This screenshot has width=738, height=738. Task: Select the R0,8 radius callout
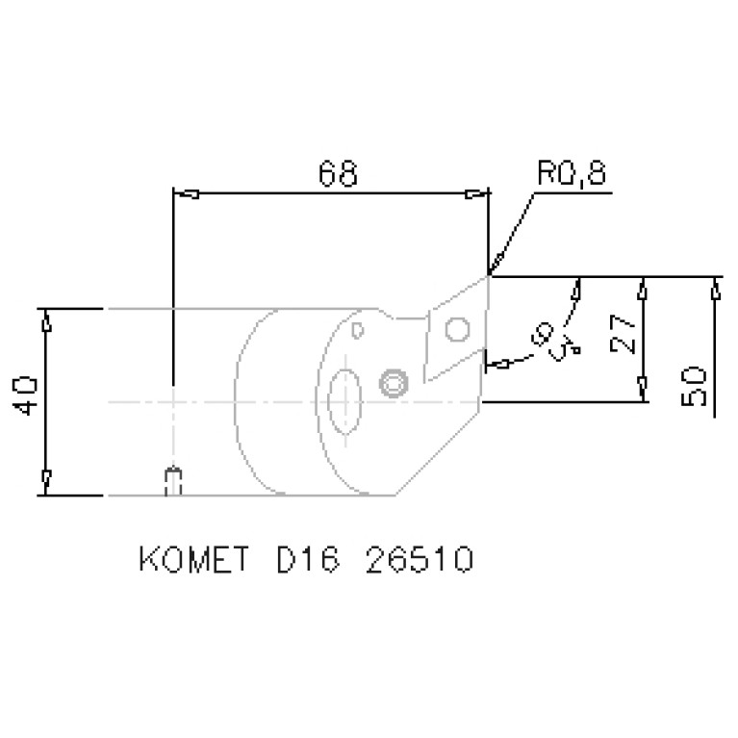click(572, 174)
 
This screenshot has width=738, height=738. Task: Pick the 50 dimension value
click(696, 385)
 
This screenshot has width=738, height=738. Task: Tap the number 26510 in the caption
click(420, 560)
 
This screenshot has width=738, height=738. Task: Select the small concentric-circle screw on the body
click(392, 384)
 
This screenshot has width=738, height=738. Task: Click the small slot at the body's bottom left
click(173, 481)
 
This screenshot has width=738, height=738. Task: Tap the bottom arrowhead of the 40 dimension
click(45, 478)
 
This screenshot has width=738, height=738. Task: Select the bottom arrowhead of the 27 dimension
click(643, 390)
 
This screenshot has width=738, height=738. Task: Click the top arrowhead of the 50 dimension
click(715, 288)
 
